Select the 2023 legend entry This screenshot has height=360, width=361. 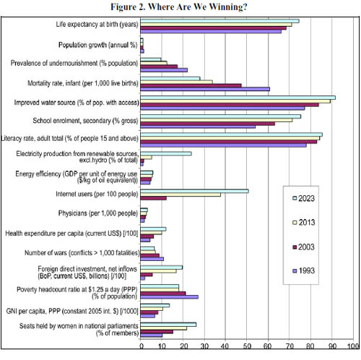(304, 199)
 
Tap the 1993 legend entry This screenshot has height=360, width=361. (304, 271)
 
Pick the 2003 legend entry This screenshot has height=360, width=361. (304, 247)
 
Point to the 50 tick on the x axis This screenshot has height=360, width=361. (246, 346)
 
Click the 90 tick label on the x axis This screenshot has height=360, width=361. (332, 346)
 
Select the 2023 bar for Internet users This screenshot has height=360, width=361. (194, 191)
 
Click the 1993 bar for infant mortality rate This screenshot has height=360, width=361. (205, 89)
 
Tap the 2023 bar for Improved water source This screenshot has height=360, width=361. (238, 98)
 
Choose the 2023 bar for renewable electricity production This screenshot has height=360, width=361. (166, 154)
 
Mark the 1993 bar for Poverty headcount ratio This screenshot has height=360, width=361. (170, 297)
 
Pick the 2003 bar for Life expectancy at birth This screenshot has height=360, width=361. (214, 28)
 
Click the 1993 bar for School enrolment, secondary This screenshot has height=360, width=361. (198, 127)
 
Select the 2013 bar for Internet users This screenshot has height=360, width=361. (180, 194)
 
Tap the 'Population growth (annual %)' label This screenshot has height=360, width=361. (98, 45)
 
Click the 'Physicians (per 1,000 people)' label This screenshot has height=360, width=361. (98, 213)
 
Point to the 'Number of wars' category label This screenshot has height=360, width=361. (82, 253)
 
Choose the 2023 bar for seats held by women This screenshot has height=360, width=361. (168, 325)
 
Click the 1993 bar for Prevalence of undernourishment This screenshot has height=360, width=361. (164, 70)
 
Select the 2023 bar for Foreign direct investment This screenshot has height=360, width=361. (162, 267)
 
